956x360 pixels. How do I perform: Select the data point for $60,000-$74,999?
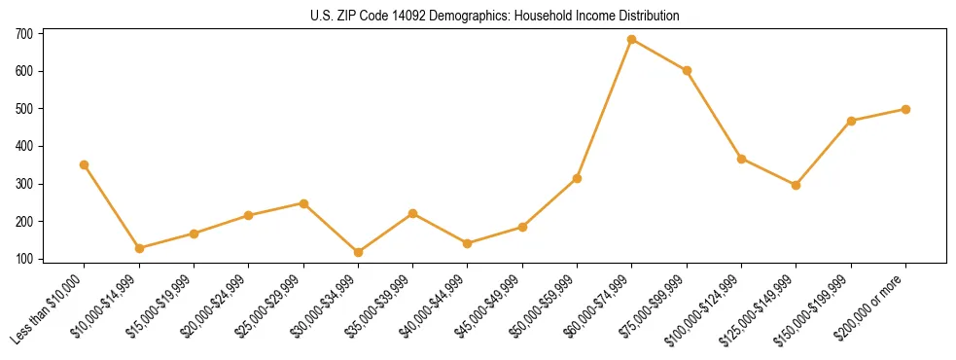point(632,40)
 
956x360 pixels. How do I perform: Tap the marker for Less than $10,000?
point(85,165)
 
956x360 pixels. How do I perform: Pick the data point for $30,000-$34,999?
point(359,252)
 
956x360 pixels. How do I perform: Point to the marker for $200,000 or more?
point(905,109)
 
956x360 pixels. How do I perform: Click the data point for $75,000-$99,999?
point(687,70)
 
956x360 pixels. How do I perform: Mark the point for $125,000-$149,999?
point(797,185)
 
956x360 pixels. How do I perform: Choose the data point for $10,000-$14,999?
point(139,248)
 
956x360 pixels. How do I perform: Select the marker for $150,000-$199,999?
point(851,121)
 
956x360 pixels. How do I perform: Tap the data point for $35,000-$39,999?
point(413,213)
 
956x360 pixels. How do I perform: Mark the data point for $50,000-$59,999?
point(578,179)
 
